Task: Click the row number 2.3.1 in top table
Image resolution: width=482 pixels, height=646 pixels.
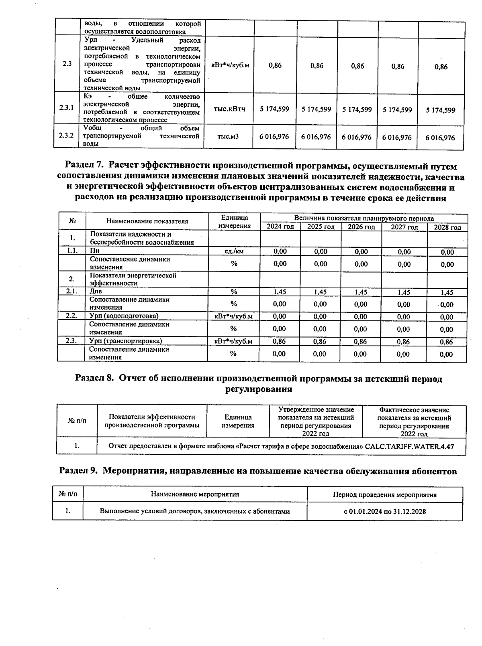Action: pyautogui.click(x=67, y=108)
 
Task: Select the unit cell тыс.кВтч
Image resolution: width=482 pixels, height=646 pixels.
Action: pyautogui.click(x=229, y=109)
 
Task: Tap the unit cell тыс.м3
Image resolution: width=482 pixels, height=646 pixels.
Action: pyautogui.click(x=228, y=137)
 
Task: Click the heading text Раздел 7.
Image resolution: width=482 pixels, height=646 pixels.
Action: pyautogui.click(x=85, y=166)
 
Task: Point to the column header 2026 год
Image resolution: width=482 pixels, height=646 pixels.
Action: pyautogui.click(x=361, y=227)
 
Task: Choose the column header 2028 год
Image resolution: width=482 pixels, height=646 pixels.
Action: pyautogui.click(x=447, y=227)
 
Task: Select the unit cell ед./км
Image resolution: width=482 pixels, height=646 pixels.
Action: pyautogui.click(x=234, y=251)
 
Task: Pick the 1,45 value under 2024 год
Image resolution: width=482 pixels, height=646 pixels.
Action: pyautogui.click(x=280, y=292)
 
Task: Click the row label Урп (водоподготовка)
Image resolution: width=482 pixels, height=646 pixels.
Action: pyautogui.click(x=124, y=316)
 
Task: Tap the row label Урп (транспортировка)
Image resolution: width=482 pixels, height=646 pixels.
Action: pyautogui.click(x=125, y=341)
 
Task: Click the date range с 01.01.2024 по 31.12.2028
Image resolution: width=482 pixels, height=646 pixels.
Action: pyautogui.click(x=384, y=511)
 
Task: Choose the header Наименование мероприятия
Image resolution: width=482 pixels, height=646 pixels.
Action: pyautogui.click(x=195, y=494)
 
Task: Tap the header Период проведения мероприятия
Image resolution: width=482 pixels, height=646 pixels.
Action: pyautogui.click(x=384, y=495)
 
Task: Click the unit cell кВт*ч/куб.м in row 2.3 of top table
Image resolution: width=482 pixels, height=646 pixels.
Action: pyautogui.click(x=230, y=65)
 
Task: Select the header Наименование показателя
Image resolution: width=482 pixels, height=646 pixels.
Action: pyautogui.click(x=147, y=221)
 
